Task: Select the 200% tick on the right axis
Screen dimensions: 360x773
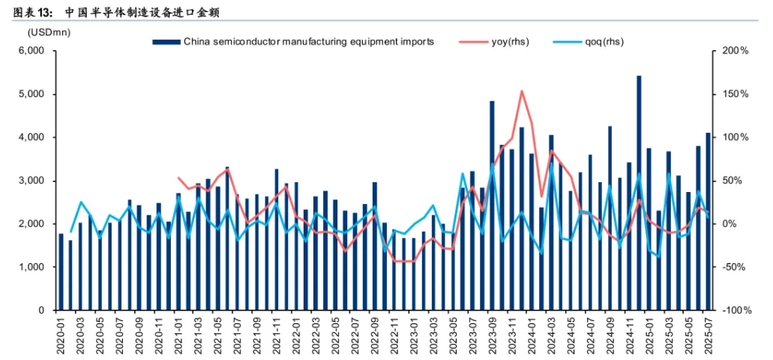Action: click(735, 51)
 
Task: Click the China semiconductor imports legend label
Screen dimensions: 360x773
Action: click(308, 42)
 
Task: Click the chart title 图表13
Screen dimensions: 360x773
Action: click(28, 13)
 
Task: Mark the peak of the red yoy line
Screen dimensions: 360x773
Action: click(522, 91)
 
